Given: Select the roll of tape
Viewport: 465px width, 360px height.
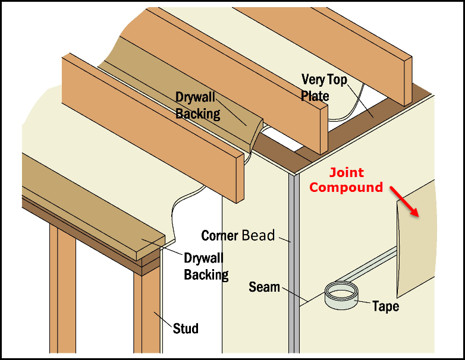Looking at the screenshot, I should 342,295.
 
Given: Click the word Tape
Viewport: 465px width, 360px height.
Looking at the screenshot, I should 386,307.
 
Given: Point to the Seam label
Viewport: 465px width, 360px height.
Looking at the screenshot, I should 264,287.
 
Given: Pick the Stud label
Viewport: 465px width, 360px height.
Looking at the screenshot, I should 186,328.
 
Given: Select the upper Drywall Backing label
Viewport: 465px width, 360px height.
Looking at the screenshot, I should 197,105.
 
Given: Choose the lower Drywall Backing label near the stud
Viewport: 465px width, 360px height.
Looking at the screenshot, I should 206,266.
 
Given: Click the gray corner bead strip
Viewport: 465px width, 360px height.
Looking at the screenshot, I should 292,267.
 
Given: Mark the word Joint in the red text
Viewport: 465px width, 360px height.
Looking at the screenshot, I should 347,173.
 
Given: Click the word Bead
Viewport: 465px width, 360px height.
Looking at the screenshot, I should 258,235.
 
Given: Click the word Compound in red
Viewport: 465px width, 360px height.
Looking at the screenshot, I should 347,188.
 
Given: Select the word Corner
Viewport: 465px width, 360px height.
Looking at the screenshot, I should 220,235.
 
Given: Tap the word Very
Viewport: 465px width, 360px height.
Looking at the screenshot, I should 313,79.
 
